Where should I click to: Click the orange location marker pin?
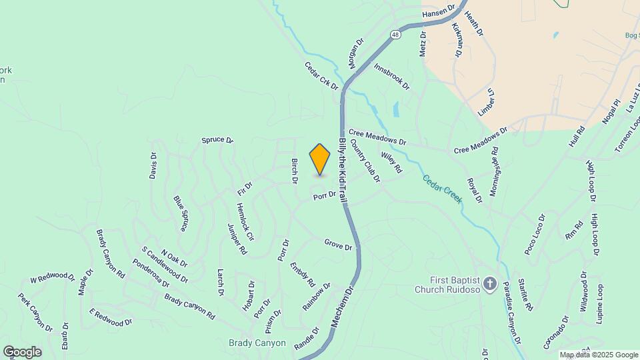click(x=320, y=159)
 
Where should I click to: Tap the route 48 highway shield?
click(x=396, y=34)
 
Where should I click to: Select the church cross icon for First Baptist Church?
click(x=490, y=285)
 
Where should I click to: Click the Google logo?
click(x=22, y=351)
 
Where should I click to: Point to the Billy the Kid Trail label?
click(x=343, y=171)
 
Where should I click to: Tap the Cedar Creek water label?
click(x=441, y=189)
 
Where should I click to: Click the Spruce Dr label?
click(x=218, y=141)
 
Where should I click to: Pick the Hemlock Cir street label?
click(x=245, y=222)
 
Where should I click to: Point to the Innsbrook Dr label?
click(x=391, y=77)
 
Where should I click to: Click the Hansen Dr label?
click(x=438, y=13)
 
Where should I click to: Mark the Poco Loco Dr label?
click(x=535, y=234)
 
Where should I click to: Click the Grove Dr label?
click(x=338, y=245)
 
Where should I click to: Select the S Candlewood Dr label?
click(x=165, y=265)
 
